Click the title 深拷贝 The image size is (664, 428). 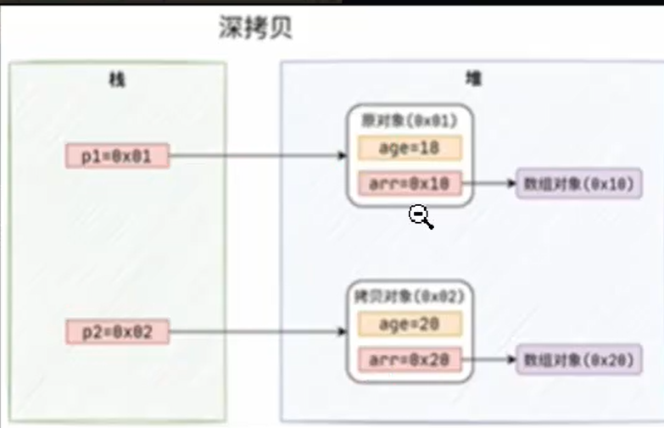pos(254,29)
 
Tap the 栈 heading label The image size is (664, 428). pos(117,81)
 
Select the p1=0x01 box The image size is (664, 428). pos(117,156)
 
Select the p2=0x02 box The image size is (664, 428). pos(117,332)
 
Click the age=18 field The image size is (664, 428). pos(410,147)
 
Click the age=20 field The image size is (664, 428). pos(410,324)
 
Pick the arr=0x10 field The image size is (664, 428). pos(410,183)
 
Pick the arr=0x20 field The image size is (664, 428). pos(410,359)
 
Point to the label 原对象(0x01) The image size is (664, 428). pos(410,120)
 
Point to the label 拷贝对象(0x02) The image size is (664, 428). pos(410,297)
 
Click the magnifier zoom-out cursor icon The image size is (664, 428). pos(420,216)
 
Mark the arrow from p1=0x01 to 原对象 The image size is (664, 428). pos(254,156)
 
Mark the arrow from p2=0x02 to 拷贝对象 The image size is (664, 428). pos(254,332)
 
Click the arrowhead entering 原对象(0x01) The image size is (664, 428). pos(343,156)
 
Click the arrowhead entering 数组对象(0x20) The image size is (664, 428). pos(512,359)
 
